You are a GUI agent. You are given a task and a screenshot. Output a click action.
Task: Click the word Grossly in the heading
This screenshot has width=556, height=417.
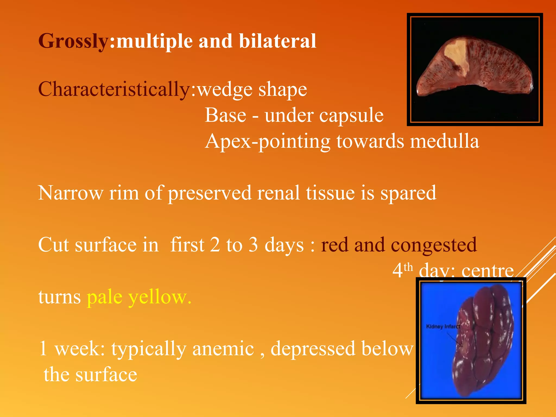click(x=73, y=41)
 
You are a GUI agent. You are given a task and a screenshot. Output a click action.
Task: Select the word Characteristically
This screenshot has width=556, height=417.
click(x=114, y=89)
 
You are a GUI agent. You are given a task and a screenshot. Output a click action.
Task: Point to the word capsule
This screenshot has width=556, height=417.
click(x=351, y=116)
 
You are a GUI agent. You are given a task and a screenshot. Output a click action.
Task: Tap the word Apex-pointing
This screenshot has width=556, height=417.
click(x=267, y=141)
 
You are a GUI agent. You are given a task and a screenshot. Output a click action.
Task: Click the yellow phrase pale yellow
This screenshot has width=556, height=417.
click(x=139, y=297)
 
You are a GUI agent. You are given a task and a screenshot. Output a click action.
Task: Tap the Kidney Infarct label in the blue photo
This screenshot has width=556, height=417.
click(x=443, y=327)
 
